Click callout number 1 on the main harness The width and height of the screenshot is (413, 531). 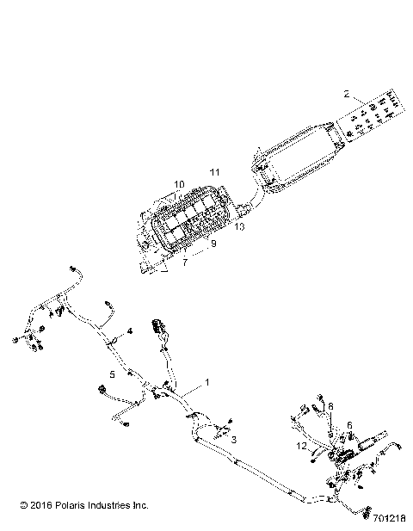pos(206,380)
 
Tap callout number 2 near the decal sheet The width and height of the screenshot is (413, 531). pos(346,94)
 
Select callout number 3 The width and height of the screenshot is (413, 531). pos(232,438)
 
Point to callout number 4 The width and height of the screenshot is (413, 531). pos(131,331)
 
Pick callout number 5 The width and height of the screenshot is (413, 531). pos(112,374)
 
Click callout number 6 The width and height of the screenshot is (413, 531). pos(349,425)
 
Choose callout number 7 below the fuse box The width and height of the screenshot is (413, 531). pos(184,262)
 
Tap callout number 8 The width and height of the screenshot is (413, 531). pos(330,405)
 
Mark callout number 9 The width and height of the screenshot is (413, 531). pos(213,244)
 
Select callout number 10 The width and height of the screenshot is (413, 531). pos(179,184)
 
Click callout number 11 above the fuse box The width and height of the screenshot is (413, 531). pos(214,172)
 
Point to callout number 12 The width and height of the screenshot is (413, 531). pos(300,446)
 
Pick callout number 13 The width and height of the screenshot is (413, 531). pos(238,227)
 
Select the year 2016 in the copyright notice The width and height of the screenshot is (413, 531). pos(37,505)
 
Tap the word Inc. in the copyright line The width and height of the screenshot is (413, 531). pos(143,505)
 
